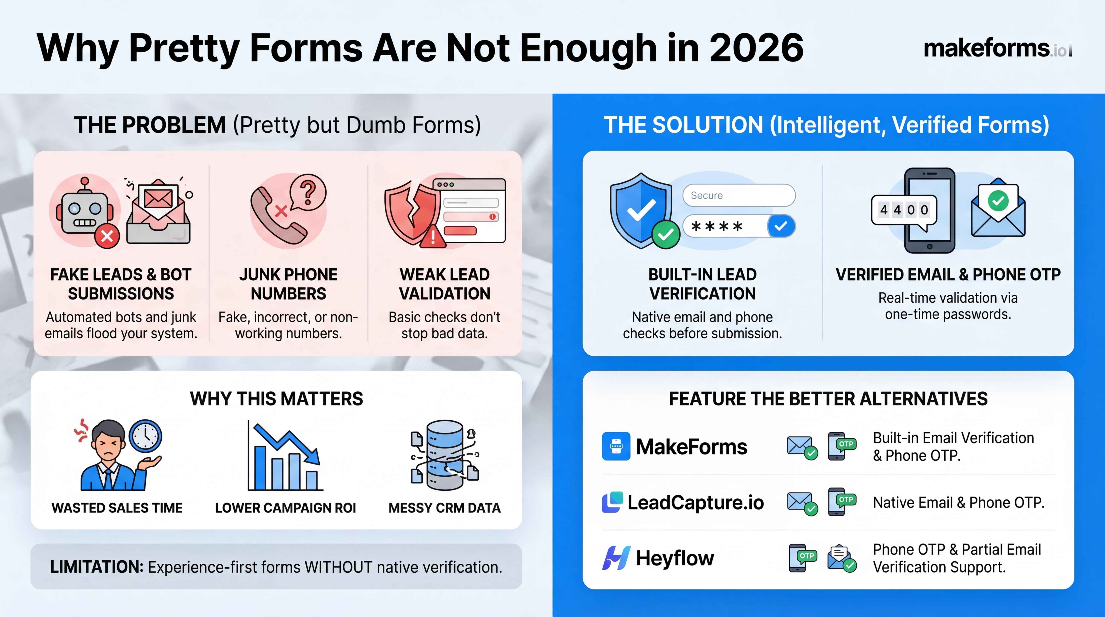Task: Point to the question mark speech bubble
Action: coord(308,192)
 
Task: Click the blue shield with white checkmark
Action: coord(641,210)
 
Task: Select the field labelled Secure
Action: coord(739,195)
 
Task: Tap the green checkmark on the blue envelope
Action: coord(998,200)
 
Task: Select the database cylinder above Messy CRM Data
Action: coord(445,455)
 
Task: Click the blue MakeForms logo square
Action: coord(616,446)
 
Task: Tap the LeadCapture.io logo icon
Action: coord(613,502)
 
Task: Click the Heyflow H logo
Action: coord(616,558)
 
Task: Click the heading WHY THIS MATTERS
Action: coord(277,399)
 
